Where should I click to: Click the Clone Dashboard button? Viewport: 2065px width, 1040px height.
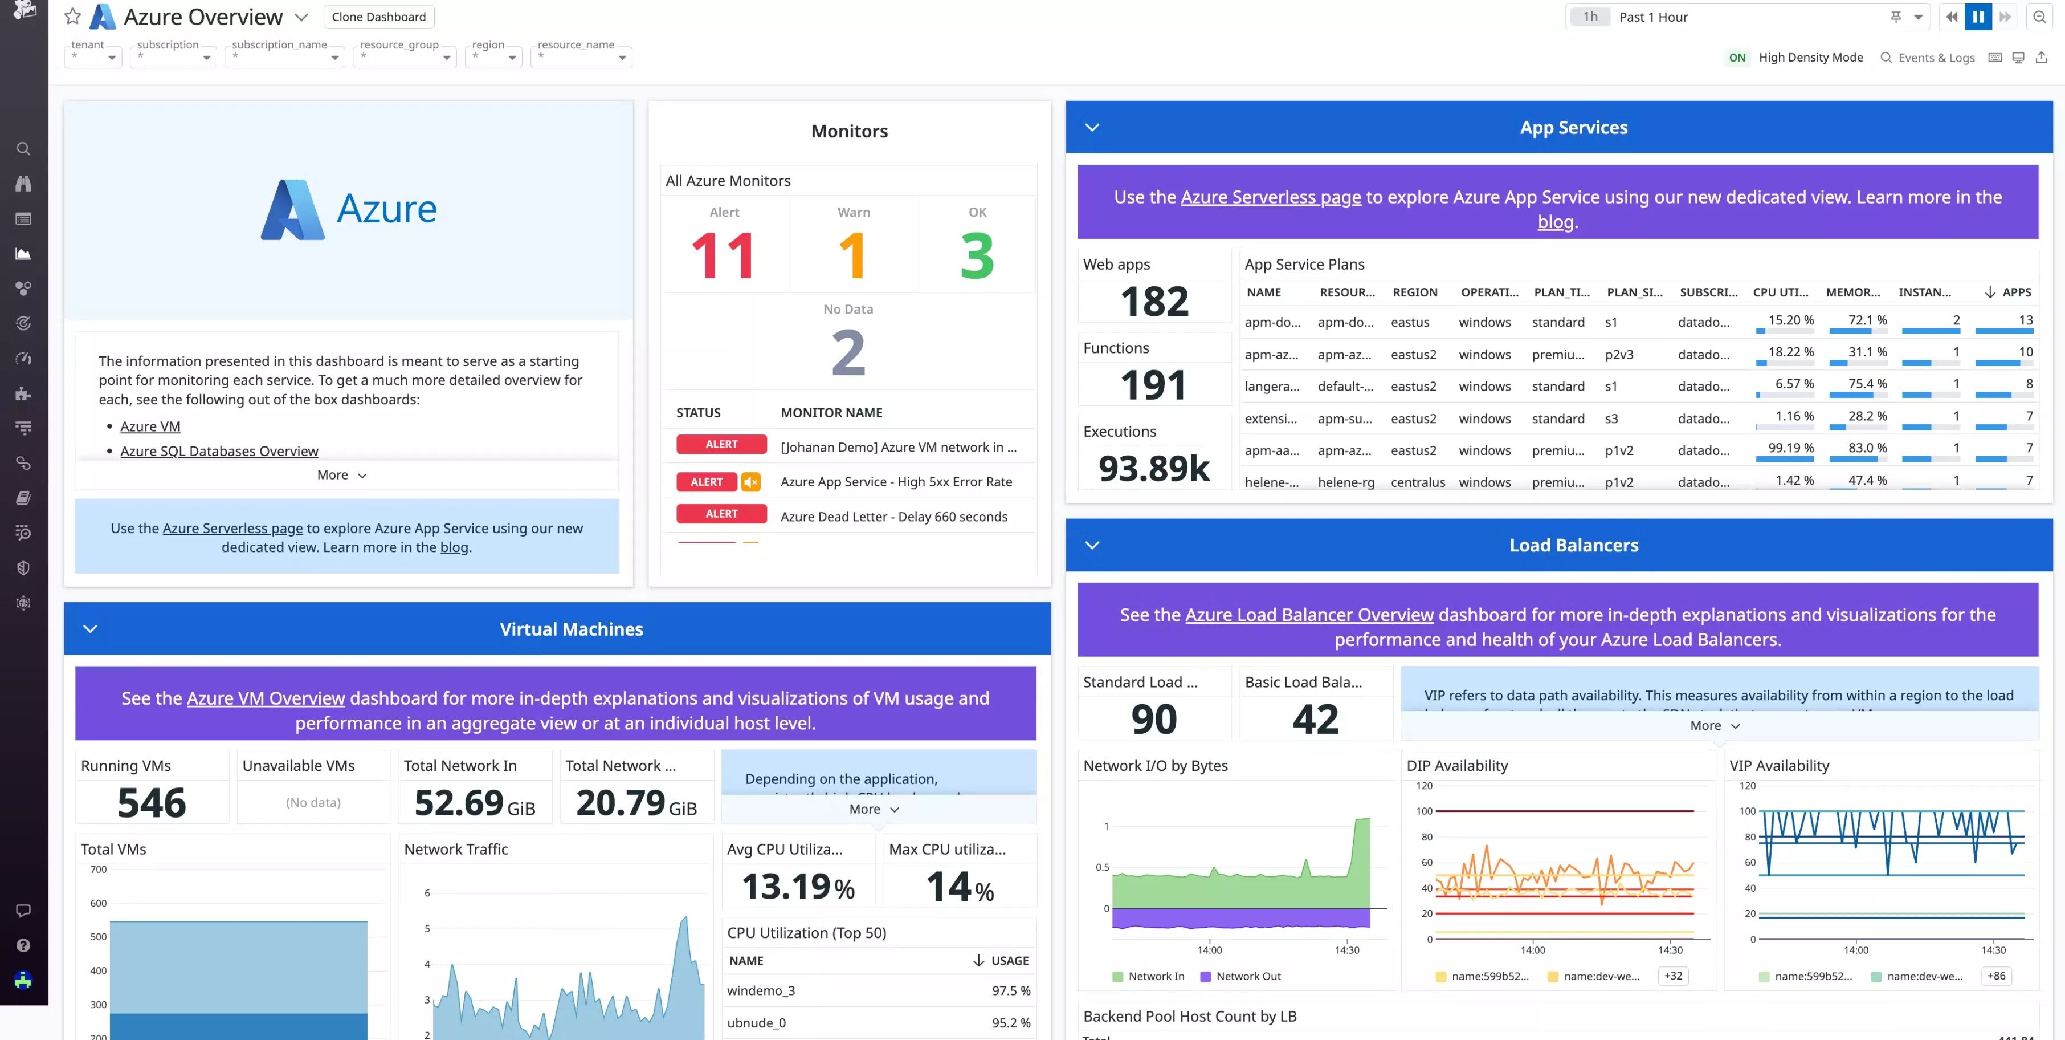[378, 17]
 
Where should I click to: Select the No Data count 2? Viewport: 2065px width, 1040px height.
[848, 353]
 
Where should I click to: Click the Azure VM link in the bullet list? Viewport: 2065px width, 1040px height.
[150, 426]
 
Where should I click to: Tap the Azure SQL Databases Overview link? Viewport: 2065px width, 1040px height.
[219, 452]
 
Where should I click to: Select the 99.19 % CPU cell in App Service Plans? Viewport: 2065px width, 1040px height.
[1790, 448]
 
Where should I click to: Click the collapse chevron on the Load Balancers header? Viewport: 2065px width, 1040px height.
[1092, 545]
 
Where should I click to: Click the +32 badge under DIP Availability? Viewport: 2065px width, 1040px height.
[1673, 976]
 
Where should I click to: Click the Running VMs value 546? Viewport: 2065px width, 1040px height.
[152, 803]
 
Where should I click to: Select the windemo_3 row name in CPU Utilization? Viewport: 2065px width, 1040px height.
[761, 991]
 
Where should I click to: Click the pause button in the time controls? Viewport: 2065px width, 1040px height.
[1978, 17]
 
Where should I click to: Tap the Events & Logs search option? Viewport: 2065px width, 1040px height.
[1927, 58]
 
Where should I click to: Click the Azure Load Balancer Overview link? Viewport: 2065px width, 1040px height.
[1308, 615]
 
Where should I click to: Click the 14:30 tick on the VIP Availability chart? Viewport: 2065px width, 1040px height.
[1993, 950]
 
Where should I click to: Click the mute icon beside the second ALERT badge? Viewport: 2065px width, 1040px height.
[750, 482]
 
